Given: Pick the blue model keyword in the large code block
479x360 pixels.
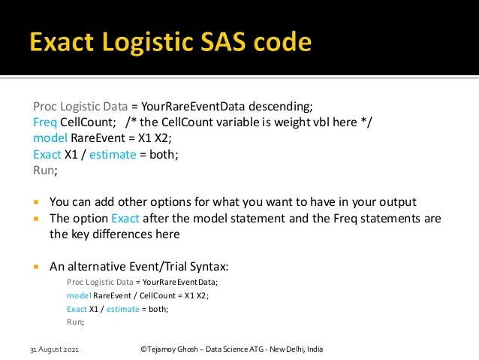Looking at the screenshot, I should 50,138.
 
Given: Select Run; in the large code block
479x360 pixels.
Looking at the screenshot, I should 45,171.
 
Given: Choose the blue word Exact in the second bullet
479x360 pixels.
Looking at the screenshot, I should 125,219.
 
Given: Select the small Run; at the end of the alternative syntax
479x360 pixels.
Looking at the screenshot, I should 75,322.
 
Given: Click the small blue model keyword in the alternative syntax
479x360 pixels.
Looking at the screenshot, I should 79,295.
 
